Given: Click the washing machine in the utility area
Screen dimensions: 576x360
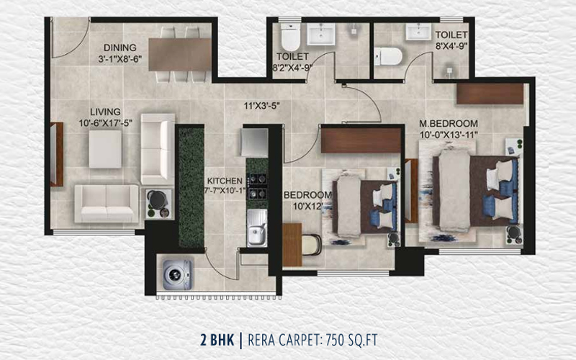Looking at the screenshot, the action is (x=177, y=275).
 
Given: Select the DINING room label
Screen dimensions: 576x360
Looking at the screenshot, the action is (x=120, y=48).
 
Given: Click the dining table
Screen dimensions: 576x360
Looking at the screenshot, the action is (x=179, y=55).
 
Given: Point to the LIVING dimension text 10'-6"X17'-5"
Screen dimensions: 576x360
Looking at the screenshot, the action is (x=105, y=123).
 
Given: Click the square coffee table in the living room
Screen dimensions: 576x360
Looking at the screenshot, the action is (x=105, y=149).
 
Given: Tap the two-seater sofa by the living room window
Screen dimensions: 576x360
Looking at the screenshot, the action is (x=107, y=204).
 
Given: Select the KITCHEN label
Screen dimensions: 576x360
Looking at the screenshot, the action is (x=225, y=181).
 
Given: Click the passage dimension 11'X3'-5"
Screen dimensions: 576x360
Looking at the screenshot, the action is (x=262, y=106).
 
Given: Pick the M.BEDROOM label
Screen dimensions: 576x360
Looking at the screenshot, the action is (x=449, y=123).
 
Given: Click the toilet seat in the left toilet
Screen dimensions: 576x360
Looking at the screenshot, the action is (x=291, y=37).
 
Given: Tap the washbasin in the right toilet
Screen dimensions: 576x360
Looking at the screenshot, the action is (x=418, y=31).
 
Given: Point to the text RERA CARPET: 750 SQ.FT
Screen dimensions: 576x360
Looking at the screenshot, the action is (x=312, y=340).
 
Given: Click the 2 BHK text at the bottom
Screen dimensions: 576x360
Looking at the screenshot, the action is (x=217, y=340).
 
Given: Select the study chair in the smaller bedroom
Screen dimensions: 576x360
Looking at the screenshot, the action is (x=312, y=245).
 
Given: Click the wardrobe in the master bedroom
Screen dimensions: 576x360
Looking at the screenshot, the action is (x=490, y=94).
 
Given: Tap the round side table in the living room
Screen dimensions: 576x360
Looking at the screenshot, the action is (x=158, y=201).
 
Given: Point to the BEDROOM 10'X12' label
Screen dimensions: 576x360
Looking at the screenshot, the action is (x=307, y=201).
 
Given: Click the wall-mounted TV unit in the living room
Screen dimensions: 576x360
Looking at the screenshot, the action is (x=56, y=154).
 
